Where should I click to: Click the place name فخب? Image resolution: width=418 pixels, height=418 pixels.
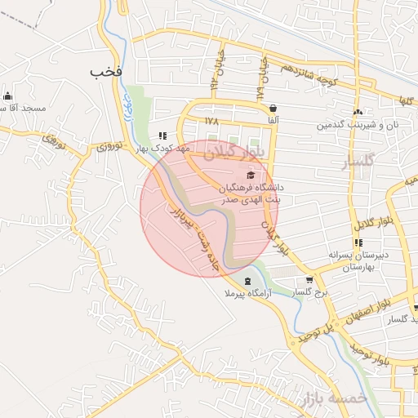click(x=107, y=72)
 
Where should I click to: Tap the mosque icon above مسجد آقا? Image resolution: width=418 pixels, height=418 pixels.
click(x=7, y=96)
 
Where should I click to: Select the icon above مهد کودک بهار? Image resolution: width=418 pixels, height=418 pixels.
click(x=162, y=136)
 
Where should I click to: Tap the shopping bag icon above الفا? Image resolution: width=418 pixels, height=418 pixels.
click(x=272, y=108)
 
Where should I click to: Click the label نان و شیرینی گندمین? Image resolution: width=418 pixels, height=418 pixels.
click(x=358, y=126)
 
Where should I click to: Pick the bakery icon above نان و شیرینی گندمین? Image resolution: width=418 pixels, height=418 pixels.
click(x=358, y=113)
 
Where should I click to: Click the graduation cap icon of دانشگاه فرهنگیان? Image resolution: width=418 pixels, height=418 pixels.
click(x=251, y=175)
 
